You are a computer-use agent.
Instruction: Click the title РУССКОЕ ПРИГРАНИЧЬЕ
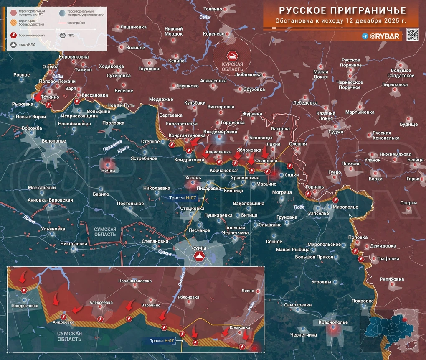[x=337, y=10]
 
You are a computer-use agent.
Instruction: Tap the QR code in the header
[x=412, y=35]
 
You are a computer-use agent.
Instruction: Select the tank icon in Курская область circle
[x=232, y=56]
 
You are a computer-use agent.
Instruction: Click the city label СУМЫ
[x=199, y=248]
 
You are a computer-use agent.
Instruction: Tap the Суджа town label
[x=336, y=132]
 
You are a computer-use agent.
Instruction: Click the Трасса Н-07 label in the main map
[x=186, y=198]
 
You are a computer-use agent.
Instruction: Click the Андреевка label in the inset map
[x=63, y=322]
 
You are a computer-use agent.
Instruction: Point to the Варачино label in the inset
[x=150, y=305]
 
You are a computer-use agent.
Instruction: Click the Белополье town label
[x=54, y=141]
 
